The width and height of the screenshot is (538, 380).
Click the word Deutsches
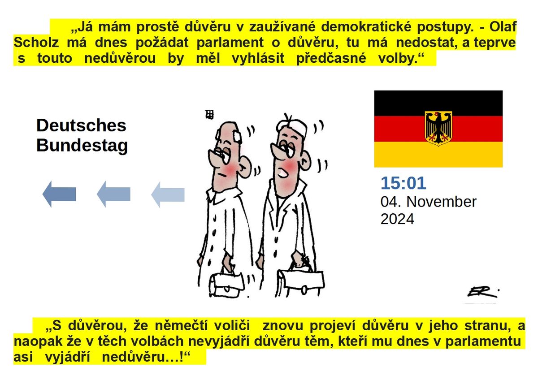(x=81, y=125)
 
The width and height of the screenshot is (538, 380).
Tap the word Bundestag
(x=82, y=146)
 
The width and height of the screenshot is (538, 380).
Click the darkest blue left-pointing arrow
(x=59, y=194)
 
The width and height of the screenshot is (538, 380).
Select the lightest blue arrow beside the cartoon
(x=168, y=194)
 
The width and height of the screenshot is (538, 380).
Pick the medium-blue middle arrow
(x=113, y=194)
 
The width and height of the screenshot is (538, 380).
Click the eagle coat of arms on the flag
(x=438, y=129)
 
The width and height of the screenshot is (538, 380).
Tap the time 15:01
(x=403, y=183)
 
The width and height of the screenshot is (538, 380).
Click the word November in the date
(x=441, y=202)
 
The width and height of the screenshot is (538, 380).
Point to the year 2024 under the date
(x=397, y=219)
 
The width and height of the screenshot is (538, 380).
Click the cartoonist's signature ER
(x=482, y=292)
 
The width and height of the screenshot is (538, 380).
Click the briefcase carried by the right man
(x=301, y=281)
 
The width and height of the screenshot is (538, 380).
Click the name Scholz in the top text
(x=36, y=43)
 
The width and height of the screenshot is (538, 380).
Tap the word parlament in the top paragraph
(x=230, y=43)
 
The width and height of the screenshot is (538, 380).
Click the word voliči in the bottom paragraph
(x=232, y=326)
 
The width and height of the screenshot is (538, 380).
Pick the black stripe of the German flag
(x=438, y=103)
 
